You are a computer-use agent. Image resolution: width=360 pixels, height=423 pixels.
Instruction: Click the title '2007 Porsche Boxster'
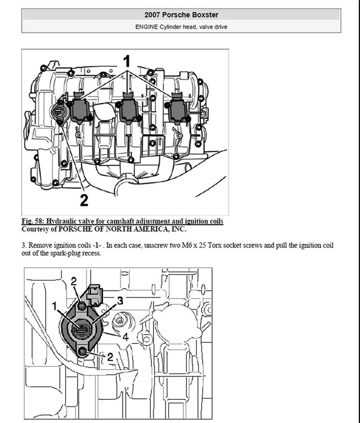pyautogui.click(x=181, y=15)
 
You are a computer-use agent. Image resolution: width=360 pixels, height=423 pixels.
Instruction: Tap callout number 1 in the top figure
pyautogui.click(x=127, y=61)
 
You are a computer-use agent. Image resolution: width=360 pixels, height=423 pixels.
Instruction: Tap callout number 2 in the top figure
pyautogui.click(x=84, y=200)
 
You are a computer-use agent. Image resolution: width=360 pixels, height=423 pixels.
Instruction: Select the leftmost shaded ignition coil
pyautogui.click(x=80, y=109)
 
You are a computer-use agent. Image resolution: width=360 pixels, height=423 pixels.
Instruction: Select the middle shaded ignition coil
pyautogui.click(x=129, y=109)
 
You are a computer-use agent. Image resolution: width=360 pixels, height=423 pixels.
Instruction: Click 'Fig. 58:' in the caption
pyautogui.click(x=32, y=221)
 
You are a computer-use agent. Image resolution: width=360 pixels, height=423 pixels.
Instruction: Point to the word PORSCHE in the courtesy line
pyautogui.click(x=75, y=229)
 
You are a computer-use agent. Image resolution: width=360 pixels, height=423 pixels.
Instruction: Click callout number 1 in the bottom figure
pyautogui.click(x=55, y=306)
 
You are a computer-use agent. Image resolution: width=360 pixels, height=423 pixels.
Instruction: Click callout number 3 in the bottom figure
pyautogui.click(x=120, y=301)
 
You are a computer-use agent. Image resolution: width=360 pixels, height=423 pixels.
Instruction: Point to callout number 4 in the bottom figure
pyautogui.click(x=125, y=337)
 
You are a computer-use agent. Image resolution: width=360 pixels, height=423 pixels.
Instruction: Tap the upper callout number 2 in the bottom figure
pyautogui.click(x=74, y=281)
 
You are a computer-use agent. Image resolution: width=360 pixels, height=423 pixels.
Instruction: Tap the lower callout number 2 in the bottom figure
pyautogui.click(x=110, y=357)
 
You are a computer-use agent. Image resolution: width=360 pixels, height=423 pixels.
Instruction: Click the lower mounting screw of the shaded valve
pyautogui.click(x=82, y=351)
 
